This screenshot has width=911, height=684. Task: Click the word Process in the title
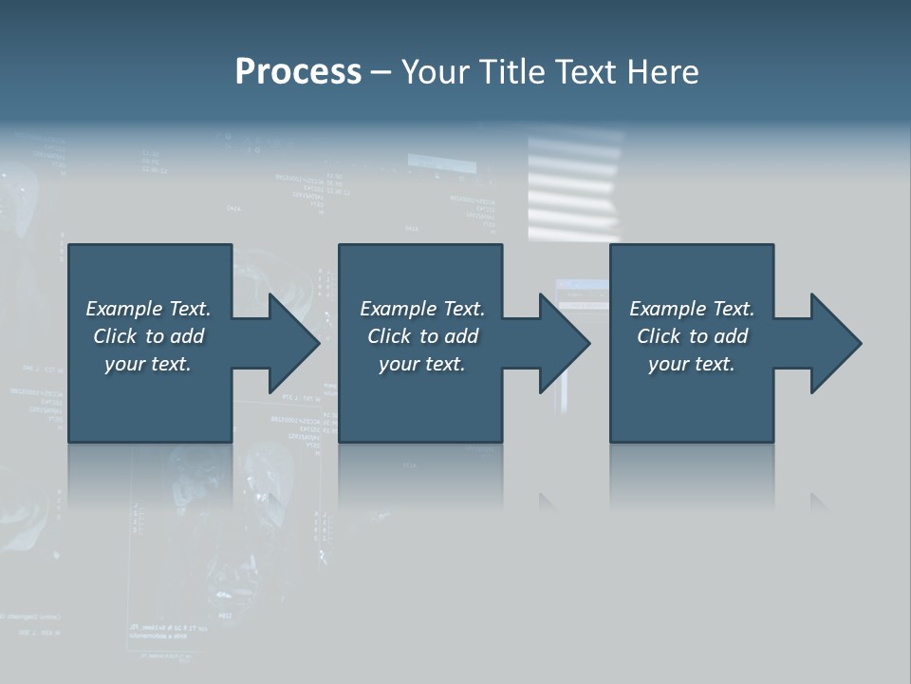[x=298, y=72]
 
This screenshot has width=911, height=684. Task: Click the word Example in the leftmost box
[x=123, y=309]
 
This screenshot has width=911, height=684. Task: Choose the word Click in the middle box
[x=388, y=336]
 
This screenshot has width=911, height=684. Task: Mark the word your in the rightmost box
[x=668, y=364]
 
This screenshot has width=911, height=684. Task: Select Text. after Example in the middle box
[x=462, y=309]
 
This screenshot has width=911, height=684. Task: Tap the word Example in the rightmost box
[x=667, y=309]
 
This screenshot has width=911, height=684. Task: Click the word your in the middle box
[x=399, y=364]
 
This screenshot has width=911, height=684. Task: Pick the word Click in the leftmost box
[x=114, y=336]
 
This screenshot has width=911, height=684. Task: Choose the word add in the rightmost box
[x=730, y=336]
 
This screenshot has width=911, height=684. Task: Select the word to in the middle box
[x=429, y=336]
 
